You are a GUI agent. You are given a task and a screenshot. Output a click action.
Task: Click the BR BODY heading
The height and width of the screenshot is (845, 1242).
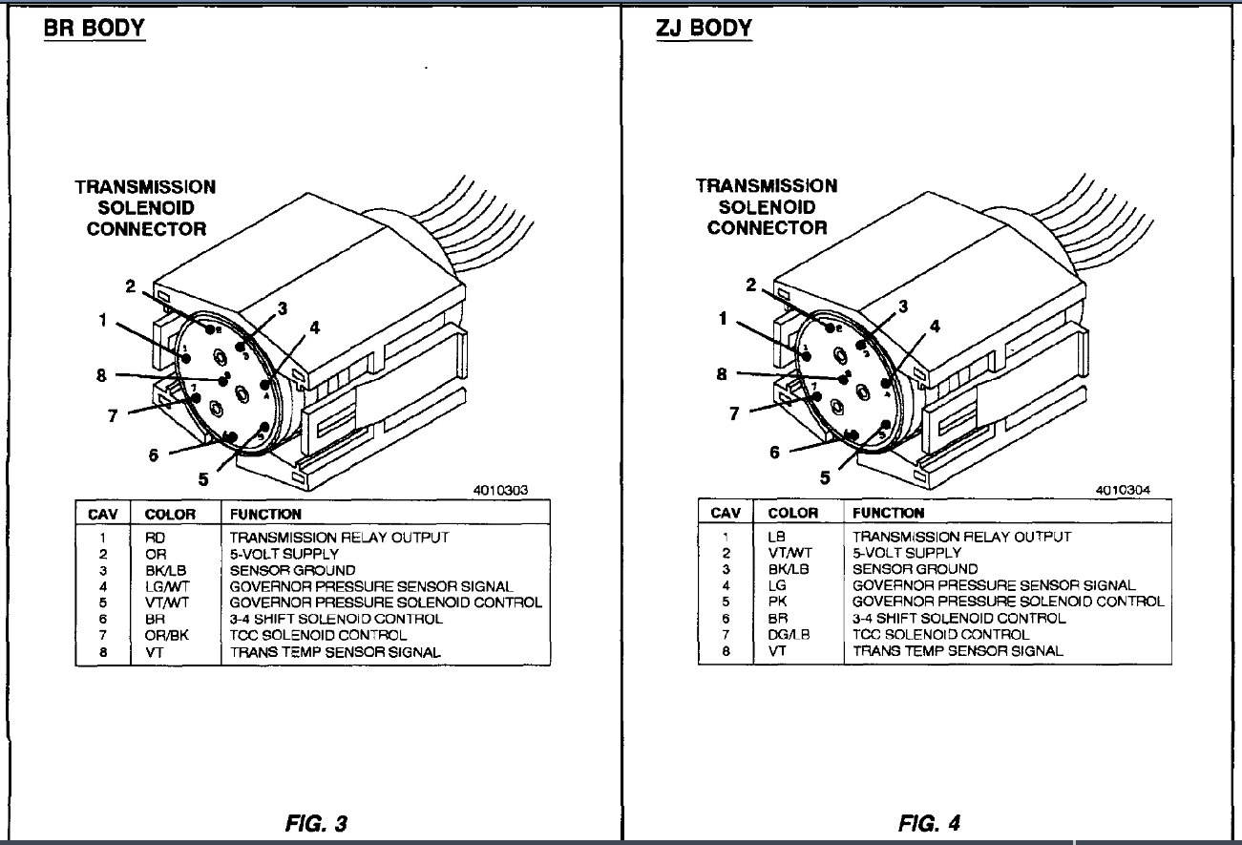pos(94,28)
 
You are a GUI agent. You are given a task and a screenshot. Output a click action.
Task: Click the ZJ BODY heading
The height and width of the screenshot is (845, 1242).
pos(705,28)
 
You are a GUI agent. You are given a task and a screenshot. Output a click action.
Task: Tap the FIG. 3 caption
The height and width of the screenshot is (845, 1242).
pos(315,823)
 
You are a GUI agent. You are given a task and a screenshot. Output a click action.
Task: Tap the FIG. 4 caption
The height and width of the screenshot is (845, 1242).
pos(929,822)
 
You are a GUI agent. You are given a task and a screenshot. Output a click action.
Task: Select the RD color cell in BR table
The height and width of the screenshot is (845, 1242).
pos(157,538)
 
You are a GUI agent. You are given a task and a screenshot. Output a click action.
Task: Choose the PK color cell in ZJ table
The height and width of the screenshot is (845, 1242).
pos(777,602)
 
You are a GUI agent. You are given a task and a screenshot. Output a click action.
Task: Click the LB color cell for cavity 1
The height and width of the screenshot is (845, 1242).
pos(776,537)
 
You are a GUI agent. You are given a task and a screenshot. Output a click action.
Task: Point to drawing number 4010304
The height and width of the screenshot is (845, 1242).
pos(1123,489)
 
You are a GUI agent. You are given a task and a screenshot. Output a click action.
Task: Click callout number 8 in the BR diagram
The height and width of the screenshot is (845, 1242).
pos(102,375)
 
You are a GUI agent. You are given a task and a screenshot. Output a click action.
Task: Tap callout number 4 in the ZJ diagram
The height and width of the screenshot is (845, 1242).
pos(935,327)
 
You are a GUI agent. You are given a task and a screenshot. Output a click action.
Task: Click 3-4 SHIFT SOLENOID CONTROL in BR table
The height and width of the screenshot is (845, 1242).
pos(336,619)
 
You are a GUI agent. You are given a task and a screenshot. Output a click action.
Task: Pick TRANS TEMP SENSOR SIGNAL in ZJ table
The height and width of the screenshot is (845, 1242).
pos(958,651)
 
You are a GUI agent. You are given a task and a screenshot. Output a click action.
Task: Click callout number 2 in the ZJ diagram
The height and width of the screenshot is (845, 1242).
pos(751,285)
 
